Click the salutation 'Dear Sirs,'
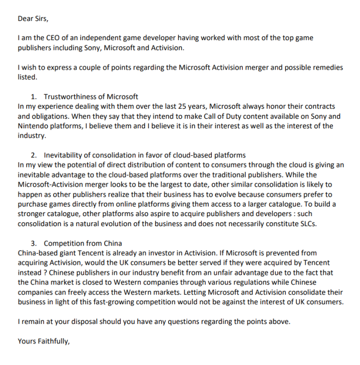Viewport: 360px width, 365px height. click(34, 19)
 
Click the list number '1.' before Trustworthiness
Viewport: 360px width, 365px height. click(35, 96)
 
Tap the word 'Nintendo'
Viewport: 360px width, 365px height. click(33, 126)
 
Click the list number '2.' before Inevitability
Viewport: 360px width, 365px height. click(35, 155)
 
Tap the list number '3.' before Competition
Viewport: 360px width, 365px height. click(35, 243)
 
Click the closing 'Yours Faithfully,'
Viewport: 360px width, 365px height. click(44, 341)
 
